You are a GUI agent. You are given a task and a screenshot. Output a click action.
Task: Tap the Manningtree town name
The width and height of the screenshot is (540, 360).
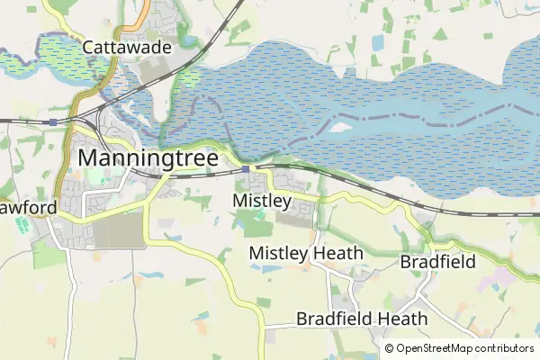(x=148, y=157)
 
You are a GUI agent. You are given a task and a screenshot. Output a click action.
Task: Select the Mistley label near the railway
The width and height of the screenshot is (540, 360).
(x=262, y=200)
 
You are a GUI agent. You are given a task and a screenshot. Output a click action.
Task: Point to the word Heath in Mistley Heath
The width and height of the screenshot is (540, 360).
(x=337, y=254)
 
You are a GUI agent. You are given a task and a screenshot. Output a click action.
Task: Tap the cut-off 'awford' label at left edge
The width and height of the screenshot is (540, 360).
(x=27, y=208)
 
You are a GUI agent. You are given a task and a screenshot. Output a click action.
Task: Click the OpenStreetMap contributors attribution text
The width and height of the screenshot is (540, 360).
(x=464, y=348)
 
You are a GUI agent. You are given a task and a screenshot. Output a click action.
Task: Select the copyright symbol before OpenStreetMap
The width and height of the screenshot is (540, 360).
(x=389, y=348)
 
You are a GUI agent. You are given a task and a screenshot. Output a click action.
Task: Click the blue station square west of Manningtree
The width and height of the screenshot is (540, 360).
(x=54, y=121)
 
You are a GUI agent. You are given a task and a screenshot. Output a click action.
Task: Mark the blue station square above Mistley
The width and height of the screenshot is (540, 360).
(x=246, y=168)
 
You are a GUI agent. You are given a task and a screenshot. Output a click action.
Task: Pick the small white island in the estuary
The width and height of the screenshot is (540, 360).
(x=340, y=127)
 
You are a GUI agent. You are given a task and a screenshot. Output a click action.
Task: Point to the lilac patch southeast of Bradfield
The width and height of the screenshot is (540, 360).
(x=490, y=280)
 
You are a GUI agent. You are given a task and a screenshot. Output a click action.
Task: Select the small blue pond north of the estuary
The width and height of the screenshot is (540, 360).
(x=375, y=42)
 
